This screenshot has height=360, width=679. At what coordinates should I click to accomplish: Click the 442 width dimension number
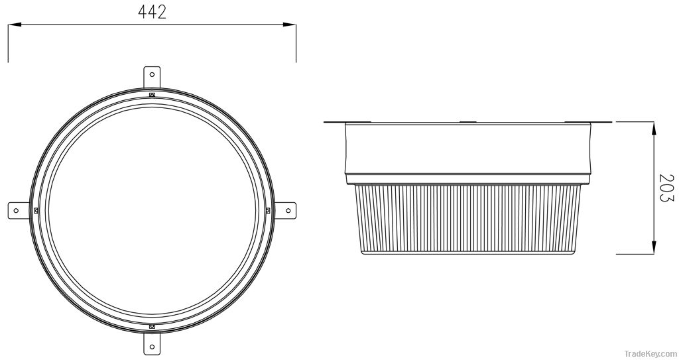[x=152, y=11]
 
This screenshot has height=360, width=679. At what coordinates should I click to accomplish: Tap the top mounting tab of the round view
[x=152, y=76]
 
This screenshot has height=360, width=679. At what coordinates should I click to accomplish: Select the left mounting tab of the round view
[x=18, y=210]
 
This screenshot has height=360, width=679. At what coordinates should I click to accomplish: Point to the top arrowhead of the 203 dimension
[x=655, y=127]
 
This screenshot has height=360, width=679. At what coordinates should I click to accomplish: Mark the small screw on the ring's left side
[x=36, y=210]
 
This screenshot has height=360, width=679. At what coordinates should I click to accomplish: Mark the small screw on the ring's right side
[x=267, y=210]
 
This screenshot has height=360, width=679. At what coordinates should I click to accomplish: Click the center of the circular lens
[x=152, y=210]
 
